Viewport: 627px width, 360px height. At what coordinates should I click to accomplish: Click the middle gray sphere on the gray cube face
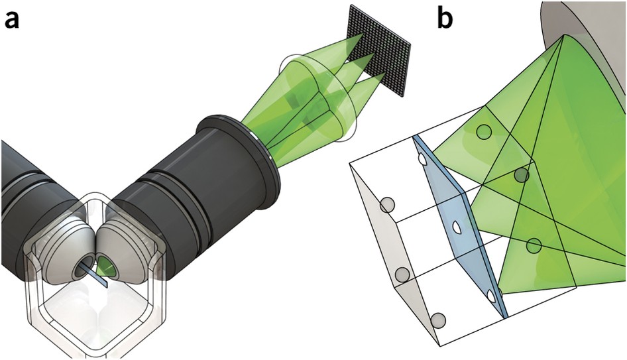[400, 274]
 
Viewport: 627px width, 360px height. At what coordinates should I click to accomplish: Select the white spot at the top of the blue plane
[422, 158]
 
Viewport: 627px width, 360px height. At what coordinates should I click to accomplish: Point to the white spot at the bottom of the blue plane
[490, 295]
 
